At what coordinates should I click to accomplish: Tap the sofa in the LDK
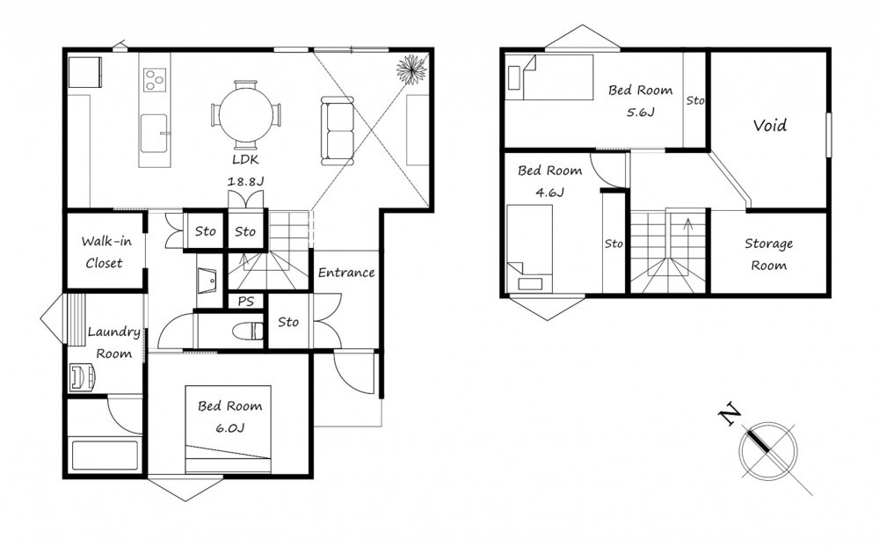coord(338,131)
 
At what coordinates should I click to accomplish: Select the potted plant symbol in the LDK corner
coord(412,69)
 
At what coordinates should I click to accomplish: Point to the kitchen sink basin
coord(154,133)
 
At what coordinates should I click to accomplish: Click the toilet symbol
coord(249,331)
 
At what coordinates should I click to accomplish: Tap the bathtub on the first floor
coord(105,456)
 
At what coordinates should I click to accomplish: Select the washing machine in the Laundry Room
coord(82,377)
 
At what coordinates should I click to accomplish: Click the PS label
coord(245,302)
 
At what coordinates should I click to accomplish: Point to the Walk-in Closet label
coord(105,252)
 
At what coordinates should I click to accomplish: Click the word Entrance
coord(345,273)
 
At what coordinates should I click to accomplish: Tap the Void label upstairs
coord(770,125)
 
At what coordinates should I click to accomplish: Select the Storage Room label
coord(768,254)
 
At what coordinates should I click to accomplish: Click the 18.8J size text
coord(245,181)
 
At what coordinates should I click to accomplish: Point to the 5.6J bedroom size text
coord(640,112)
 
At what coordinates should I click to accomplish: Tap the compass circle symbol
coord(767,451)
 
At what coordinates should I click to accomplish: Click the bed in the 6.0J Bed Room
coord(229,429)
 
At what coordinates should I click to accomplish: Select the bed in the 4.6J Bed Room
coord(529,249)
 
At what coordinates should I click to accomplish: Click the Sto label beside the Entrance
coord(288,322)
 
